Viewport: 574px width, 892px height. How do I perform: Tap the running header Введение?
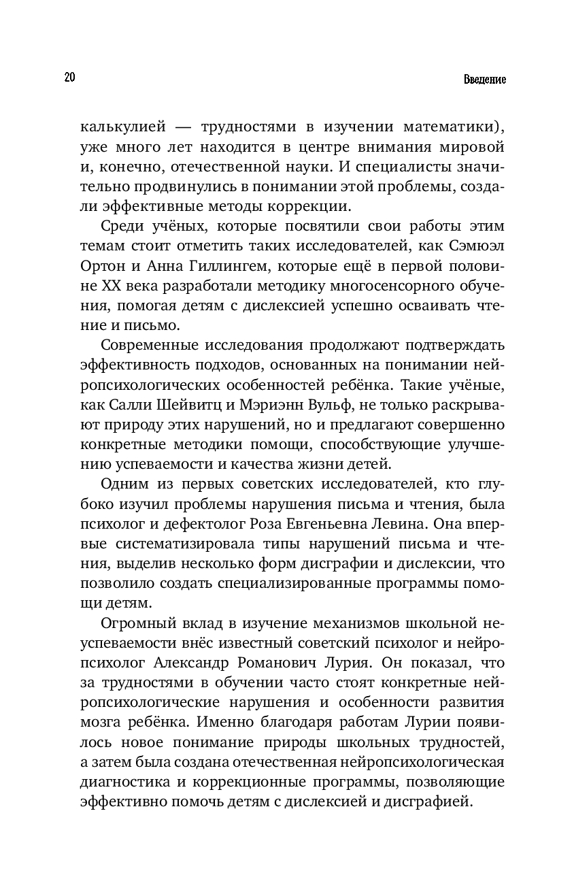485,79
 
